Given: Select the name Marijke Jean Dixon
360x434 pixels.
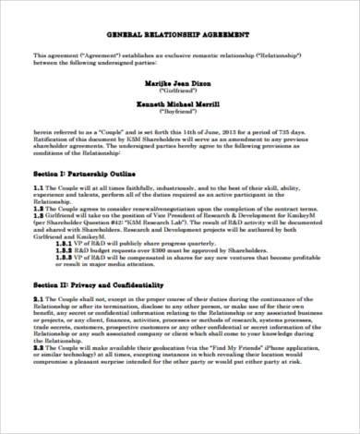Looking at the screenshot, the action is point(180,82).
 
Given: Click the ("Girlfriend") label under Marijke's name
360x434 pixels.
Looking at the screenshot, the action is point(180,92).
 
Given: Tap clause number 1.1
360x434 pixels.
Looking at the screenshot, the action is point(38,187).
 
